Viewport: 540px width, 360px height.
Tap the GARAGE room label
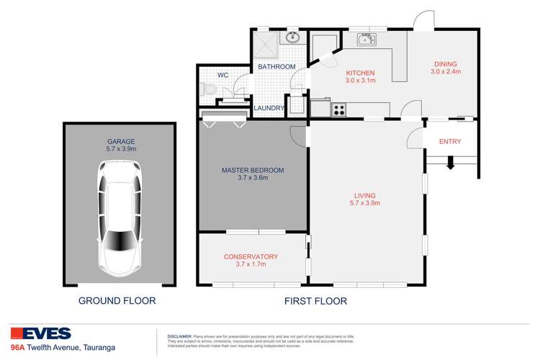(x=121, y=141)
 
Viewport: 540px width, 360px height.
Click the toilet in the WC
(x=208, y=90)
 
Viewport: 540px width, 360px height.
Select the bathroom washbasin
(x=293, y=37)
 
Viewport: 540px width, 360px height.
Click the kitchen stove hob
(x=338, y=110)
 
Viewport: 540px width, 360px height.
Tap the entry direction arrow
(x=451, y=164)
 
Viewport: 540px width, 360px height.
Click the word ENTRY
(x=450, y=142)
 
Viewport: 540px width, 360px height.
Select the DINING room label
(x=445, y=63)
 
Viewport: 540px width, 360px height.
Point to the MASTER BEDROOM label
(x=253, y=170)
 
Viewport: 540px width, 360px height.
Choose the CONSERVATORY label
(x=251, y=256)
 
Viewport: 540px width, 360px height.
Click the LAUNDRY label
(x=269, y=108)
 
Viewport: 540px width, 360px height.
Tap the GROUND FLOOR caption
(x=117, y=301)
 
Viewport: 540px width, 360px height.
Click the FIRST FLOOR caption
(x=315, y=301)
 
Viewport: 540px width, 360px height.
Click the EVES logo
(x=41, y=333)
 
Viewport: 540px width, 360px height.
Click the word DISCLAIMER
(x=179, y=336)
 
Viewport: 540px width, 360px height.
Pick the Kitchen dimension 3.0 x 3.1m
(x=361, y=81)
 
